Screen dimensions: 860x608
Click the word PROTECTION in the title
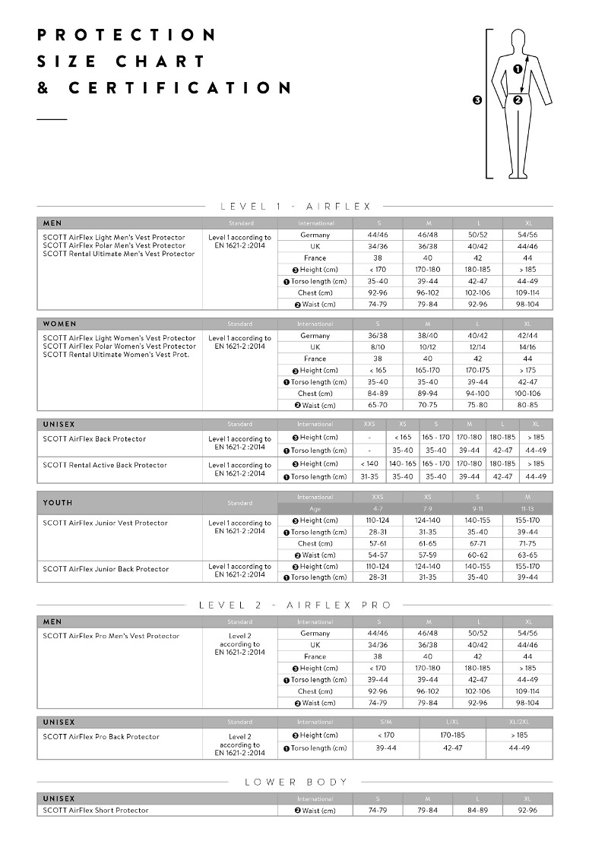click(127, 35)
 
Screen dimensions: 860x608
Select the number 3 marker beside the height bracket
click(477, 100)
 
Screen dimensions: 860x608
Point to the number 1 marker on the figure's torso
click(518, 69)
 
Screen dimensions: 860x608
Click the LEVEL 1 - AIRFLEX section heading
click(295, 206)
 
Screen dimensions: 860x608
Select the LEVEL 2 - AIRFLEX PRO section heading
click(295, 605)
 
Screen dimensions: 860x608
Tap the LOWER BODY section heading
click(296, 782)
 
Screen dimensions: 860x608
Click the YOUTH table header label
click(58, 503)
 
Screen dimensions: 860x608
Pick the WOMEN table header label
click(60, 324)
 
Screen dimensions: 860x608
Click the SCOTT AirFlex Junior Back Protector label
click(106, 569)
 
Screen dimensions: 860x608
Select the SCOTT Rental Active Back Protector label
click(105, 465)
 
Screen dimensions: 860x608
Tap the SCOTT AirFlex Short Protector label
click(96, 811)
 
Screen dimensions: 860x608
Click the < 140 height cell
click(369, 463)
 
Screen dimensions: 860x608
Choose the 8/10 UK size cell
click(378, 347)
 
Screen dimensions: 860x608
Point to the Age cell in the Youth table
click(315, 509)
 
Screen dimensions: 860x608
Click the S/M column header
click(378, 722)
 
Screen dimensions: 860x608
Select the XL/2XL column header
click(521, 722)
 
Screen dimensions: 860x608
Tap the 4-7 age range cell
click(378, 509)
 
